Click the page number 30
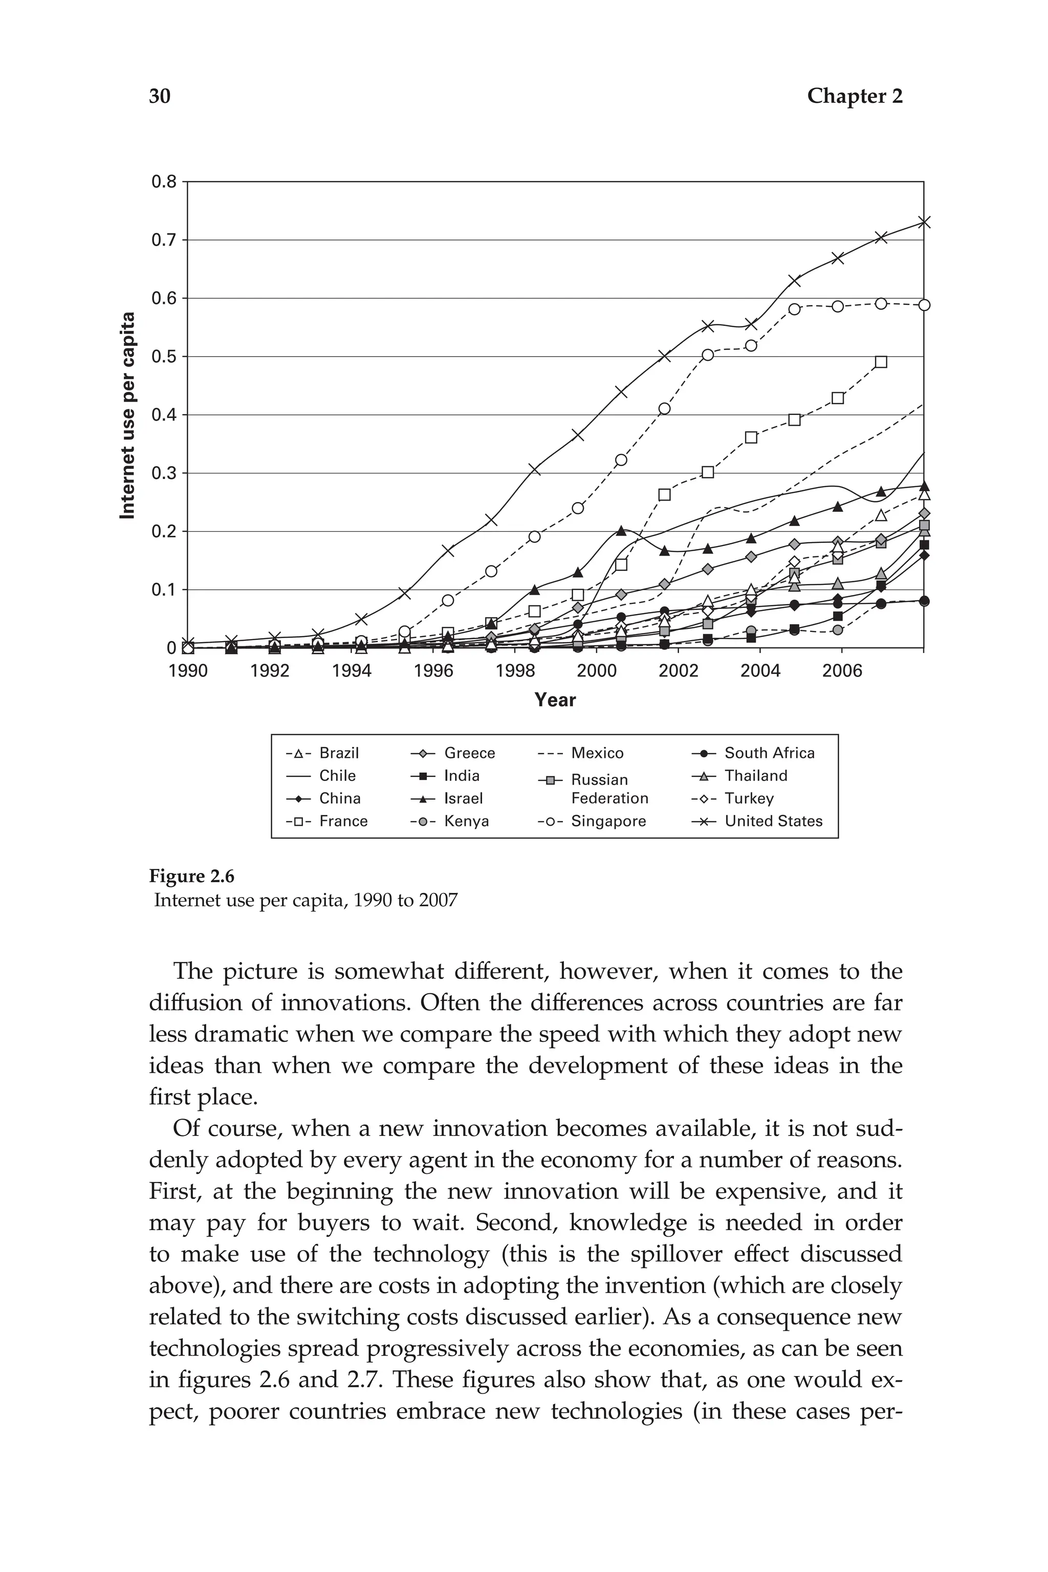(x=160, y=96)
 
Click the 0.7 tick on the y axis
(x=164, y=240)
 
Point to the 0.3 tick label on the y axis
(x=164, y=473)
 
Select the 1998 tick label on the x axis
(x=515, y=670)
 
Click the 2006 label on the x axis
(x=841, y=670)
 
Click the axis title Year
(x=555, y=700)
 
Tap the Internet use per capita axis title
(x=127, y=415)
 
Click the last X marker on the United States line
(x=924, y=223)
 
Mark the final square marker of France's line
(x=881, y=362)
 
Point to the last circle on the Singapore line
(x=924, y=305)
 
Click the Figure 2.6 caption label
(x=192, y=876)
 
